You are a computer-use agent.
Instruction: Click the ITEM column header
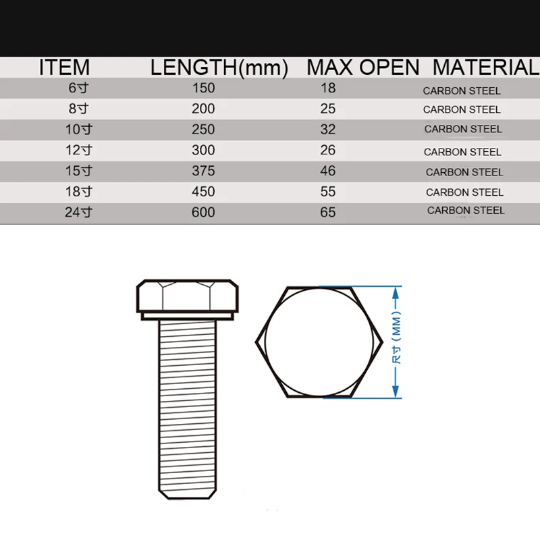click(x=64, y=67)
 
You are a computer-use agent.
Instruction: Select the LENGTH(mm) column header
click(x=219, y=68)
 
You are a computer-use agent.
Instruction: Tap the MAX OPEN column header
click(x=363, y=67)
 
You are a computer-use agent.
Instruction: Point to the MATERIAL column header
click(x=485, y=67)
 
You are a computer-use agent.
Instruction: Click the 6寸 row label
click(x=78, y=88)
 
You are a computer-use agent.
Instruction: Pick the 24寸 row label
click(x=78, y=212)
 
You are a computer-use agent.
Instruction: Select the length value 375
click(x=203, y=171)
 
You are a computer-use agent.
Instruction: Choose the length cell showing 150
click(x=203, y=88)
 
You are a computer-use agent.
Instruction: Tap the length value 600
click(x=203, y=212)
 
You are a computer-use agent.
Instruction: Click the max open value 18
click(x=328, y=88)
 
